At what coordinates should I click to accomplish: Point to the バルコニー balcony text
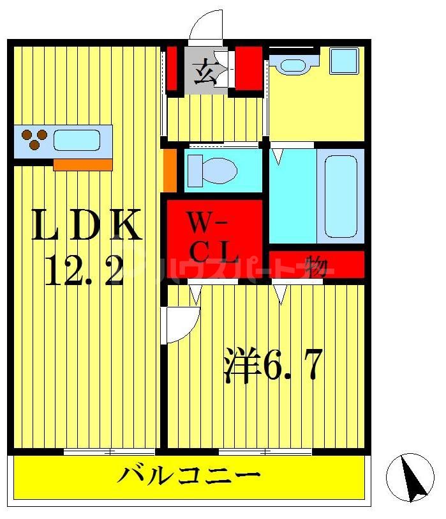[190, 476]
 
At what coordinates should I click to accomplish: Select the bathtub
[343, 196]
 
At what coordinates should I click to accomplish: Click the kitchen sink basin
[77, 140]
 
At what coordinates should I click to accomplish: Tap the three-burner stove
[33, 140]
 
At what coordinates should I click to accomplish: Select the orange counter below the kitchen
[82, 164]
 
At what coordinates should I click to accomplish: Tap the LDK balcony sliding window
[109, 452]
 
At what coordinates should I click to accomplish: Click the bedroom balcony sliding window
[265, 452]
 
